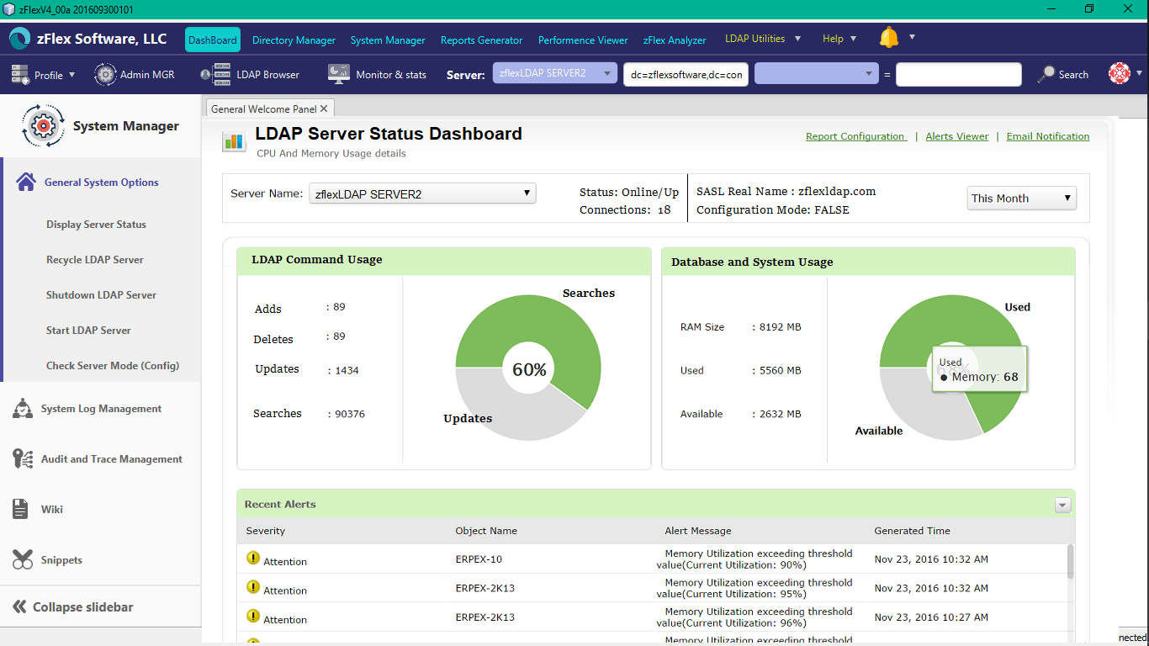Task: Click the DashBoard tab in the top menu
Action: click(212, 40)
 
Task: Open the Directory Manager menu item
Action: click(294, 40)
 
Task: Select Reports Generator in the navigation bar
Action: click(481, 40)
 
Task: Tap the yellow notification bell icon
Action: click(889, 38)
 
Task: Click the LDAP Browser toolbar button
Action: click(251, 74)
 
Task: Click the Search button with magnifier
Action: click(1063, 74)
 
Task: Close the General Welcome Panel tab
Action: click(324, 109)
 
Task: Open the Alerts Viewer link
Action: click(956, 136)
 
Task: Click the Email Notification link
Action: click(1047, 136)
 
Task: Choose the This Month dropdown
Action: click(1021, 198)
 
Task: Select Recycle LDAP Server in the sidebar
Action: click(95, 260)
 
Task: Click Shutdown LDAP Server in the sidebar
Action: click(101, 295)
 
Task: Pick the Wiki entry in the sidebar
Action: click(52, 509)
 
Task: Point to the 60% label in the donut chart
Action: click(529, 369)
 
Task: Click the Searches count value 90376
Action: click(350, 414)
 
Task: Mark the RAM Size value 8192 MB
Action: click(781, 327)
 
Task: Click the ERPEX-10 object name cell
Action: click(479, 559)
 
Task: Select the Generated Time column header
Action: click(912, 531)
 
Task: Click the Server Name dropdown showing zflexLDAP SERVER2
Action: click(422, 193)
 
